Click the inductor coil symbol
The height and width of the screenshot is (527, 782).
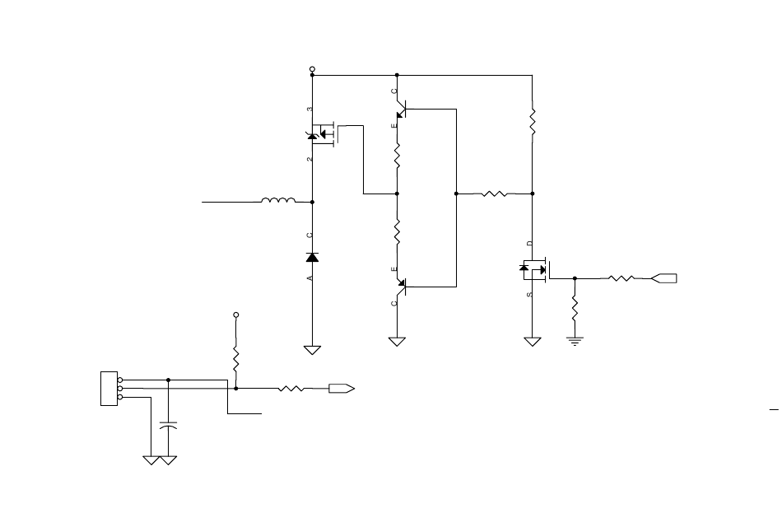point(278,201)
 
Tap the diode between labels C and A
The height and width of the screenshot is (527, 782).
point(312,258)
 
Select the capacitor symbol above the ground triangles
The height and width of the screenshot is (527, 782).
point(168,426)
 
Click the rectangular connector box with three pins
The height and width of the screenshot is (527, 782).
point(109,389)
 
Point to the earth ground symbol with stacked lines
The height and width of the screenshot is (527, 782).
point(575,342)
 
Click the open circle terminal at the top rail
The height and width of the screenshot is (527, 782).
point(312,69)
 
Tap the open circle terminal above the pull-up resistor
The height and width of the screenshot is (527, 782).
point(236,315)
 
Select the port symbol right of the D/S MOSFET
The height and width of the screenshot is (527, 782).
point(663,278)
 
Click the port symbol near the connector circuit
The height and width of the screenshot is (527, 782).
point(342,389)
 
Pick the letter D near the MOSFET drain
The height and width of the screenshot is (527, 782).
point(529,243)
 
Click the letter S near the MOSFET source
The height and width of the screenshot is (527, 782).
point(529,295)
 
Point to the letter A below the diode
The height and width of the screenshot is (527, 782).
point(310,278)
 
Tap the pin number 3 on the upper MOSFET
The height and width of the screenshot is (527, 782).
point(310,109)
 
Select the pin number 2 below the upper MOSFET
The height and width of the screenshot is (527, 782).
point(310,159)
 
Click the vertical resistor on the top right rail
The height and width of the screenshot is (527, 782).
point(532,121)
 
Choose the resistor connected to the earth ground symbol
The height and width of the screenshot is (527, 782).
point(575,309)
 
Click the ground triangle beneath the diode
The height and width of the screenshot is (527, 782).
point(312,350)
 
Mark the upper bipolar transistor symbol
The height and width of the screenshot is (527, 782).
point(401,109)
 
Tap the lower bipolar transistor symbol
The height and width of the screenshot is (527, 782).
point(401,287)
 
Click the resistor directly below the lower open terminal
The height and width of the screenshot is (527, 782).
point(236,359)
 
